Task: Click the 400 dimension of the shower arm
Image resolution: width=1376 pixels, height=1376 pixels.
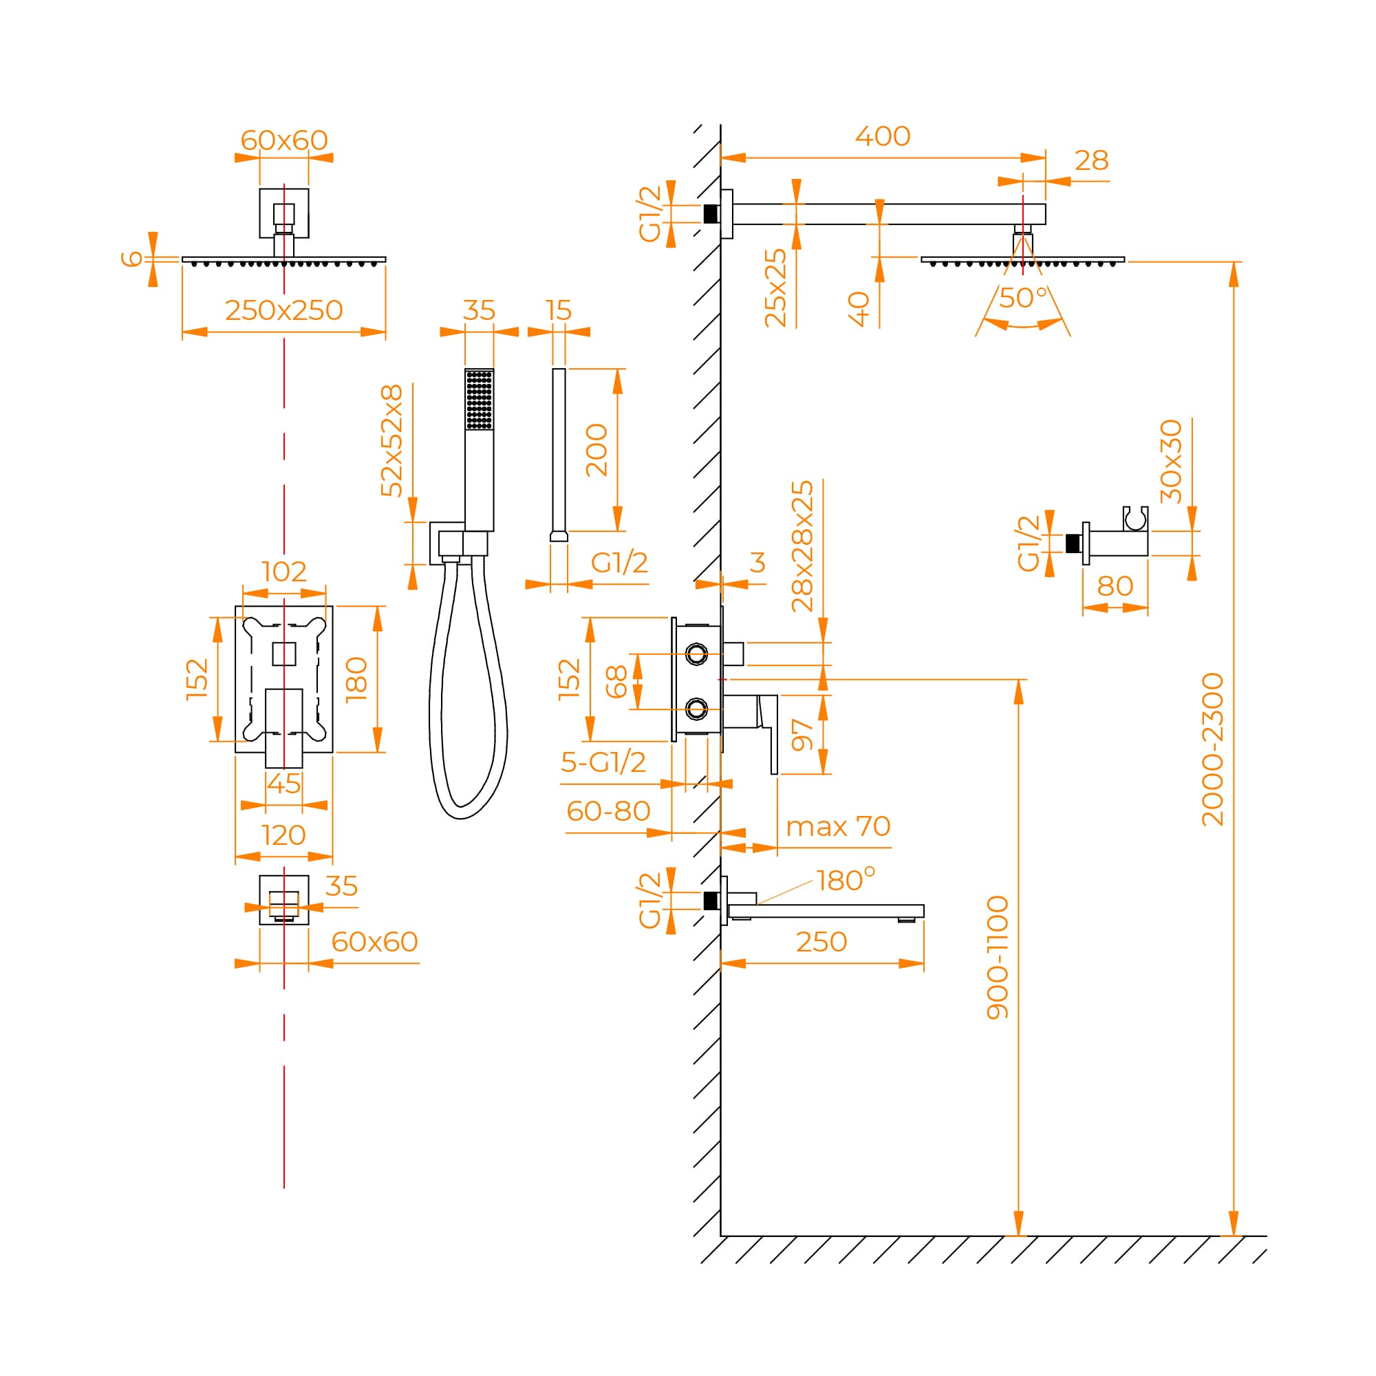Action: tap(883, 136)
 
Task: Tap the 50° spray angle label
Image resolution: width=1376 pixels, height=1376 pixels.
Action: tap(1023, 297)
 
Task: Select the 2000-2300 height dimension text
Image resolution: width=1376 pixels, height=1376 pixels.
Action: tap(1212, 749)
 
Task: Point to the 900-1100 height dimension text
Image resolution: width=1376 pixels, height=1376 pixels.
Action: tap(998, 957)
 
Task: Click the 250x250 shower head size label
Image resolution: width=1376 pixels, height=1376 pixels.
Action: tap(283, 310)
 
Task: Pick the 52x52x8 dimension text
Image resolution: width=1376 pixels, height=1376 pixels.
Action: tap(391, 440)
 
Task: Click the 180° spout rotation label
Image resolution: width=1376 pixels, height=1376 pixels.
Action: tap(846, 881)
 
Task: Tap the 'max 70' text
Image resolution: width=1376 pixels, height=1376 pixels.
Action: tap(837, 826)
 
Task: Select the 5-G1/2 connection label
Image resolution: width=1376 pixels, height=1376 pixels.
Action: tap(603, 762)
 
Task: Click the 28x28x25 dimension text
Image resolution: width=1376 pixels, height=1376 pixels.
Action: tap(802, 546)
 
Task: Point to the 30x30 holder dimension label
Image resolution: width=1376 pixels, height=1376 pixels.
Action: tap(1171, 462)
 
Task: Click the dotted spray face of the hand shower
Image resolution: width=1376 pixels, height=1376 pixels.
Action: tap(479, 400)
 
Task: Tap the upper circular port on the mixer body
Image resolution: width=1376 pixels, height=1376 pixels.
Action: tap(696, 653)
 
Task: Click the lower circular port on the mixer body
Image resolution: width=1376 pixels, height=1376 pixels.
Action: tap(696, 708)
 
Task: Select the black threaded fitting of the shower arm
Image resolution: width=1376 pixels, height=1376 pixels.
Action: tap(710, 214)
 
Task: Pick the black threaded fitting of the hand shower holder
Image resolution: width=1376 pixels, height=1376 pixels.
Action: tap(1073, 544)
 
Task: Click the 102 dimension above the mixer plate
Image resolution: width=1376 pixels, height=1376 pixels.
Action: tap(283, 571)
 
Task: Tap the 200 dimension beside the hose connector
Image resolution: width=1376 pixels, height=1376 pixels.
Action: tap(596, 450)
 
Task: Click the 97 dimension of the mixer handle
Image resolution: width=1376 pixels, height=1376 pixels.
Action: tap(802, 734)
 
